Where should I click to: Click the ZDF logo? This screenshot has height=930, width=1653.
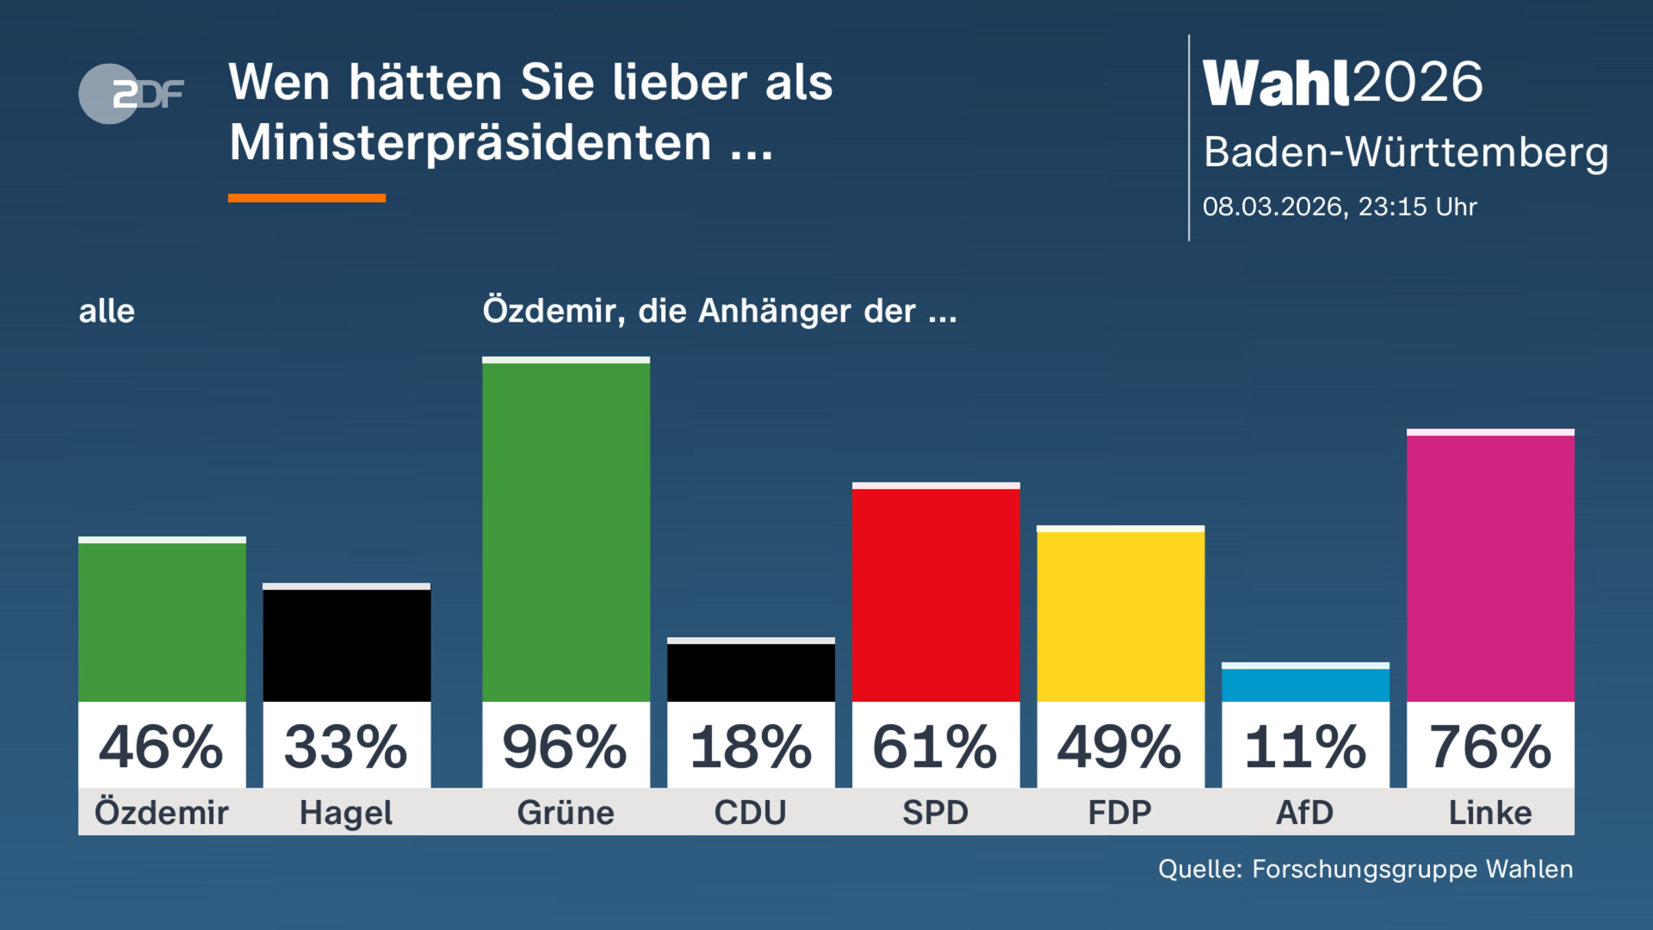(131, 94)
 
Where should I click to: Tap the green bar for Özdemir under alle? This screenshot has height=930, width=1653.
(162, 620)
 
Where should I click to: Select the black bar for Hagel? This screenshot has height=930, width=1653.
(346, 644)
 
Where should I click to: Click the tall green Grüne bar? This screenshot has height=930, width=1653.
(565, 530)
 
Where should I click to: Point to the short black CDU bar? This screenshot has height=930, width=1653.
(751, 671)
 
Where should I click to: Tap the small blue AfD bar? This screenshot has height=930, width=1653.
(1305, 683)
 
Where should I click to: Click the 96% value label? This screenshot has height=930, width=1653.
(565, 747)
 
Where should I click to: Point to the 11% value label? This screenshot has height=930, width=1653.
(1305, 747)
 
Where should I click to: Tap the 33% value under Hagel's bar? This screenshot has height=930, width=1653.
(346, 747)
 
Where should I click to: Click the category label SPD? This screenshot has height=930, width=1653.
(935, 813)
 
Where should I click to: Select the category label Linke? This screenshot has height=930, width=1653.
(1490, 813)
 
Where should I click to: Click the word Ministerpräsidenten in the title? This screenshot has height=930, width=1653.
(470, 143)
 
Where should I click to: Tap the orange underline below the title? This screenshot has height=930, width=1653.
(306, 198)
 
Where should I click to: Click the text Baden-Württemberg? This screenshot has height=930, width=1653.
(1405, 152)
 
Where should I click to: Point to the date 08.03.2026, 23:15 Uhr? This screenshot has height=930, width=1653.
(1340, 207)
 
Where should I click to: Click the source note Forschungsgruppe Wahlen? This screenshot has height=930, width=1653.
(1412, 869)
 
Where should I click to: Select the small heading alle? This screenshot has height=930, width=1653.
(107, 311)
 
